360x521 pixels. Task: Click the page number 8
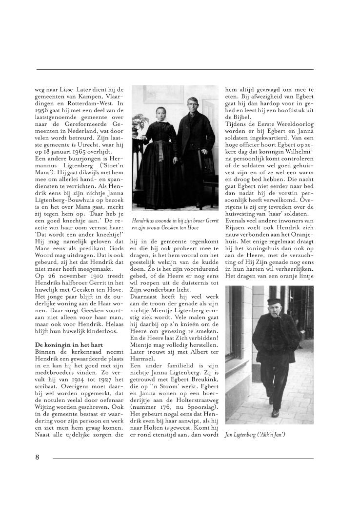(37, 457)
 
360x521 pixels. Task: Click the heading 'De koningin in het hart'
(63, 345)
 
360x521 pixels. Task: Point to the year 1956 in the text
(43, 111)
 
